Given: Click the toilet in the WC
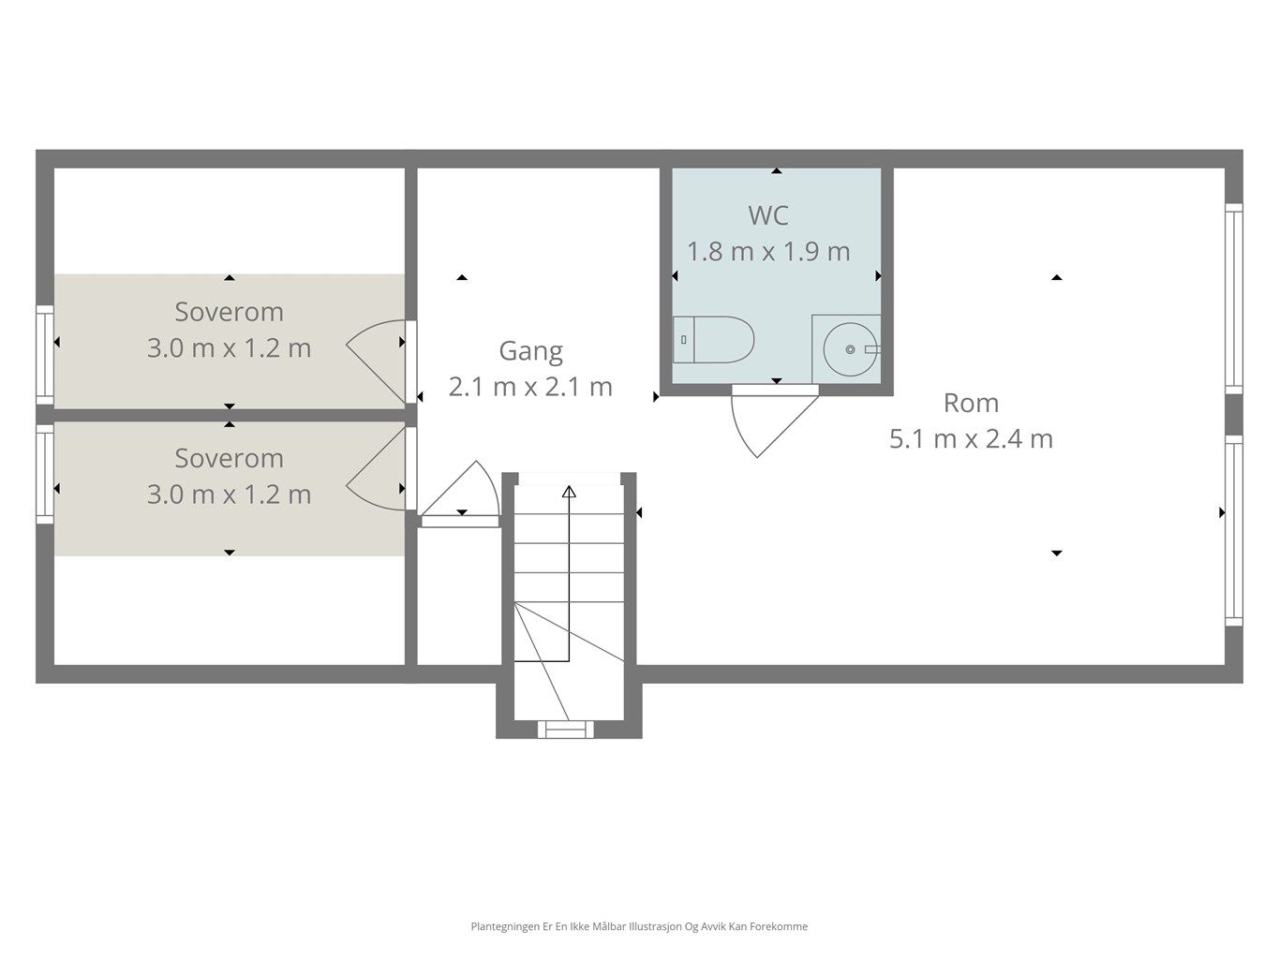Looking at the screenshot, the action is click(713, 339).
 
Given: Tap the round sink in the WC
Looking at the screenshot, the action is click(850, 349).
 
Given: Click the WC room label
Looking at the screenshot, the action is click(768, 215).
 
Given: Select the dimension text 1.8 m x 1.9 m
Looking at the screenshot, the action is click(768, 252).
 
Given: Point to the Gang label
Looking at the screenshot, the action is click(531, 351).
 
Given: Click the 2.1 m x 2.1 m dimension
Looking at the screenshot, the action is click(531, 387).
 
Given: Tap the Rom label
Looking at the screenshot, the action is click(972, 403).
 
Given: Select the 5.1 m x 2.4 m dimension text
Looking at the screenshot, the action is click(972, 439).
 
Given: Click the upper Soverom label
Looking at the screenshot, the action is click(229, 312).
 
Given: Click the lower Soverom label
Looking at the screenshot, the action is click(229, 458).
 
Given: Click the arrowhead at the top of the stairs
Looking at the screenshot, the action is click(570, 492).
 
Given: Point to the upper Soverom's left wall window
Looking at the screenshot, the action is click(46, 355).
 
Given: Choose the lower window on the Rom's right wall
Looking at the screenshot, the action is click(1233, 530).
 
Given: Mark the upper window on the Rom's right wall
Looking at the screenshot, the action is click(1233, 299).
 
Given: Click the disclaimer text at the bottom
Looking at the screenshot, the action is click(639, 926).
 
